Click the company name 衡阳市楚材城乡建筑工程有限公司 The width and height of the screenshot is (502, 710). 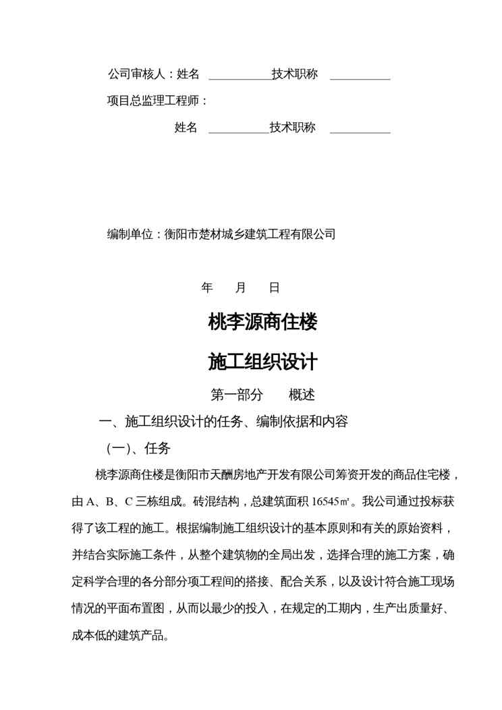coord(250,234)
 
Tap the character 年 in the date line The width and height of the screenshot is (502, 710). coord(207,288)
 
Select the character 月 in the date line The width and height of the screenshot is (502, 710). coord(241,288)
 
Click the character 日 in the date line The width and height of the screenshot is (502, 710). coord(274,288)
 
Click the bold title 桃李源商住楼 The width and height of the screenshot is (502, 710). coord(262,323)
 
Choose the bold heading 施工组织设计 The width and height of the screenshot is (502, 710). coord(262,362)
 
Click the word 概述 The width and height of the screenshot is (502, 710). coord(302,395)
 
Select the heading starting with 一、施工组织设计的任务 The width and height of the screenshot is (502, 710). coord(223,422)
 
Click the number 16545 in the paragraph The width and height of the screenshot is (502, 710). coord(326,501)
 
